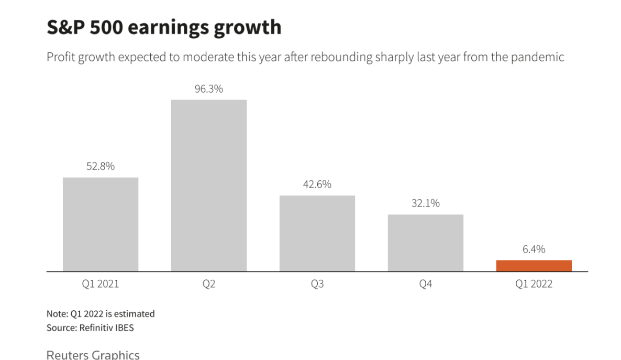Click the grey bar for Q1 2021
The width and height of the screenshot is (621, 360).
tap(101, 224)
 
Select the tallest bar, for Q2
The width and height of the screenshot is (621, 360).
tap(209, 186)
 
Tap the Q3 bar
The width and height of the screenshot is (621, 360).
tap(317, 233)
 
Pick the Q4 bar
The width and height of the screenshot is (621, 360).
tap(426, 243)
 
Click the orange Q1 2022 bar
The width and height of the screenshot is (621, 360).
tap(534, 266)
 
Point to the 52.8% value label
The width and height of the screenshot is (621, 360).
tap(101, 167)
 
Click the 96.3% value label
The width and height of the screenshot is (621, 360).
tap(209, 89)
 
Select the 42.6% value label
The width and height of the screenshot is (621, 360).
tap(317, 185)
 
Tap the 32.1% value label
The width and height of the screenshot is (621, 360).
tap(426, 203)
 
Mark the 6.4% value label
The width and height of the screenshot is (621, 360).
tap(534, 249)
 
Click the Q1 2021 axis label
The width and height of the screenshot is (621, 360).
tap(101, 285)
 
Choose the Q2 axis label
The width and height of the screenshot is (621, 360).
tap(209, 285)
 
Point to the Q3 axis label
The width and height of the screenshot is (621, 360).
tap(317, 285)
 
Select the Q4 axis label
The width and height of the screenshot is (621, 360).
tap(426, 285)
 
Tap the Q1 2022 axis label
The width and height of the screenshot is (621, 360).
tap(534, 285)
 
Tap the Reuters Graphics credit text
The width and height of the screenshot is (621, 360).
tap(93, 355)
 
